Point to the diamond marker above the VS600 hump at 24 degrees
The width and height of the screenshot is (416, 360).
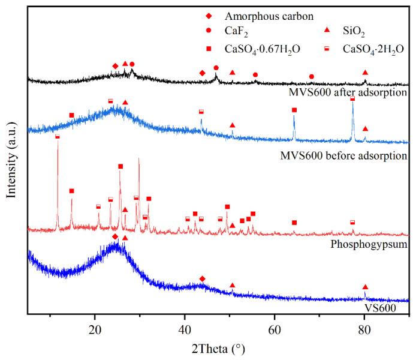[x=115, y=237]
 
